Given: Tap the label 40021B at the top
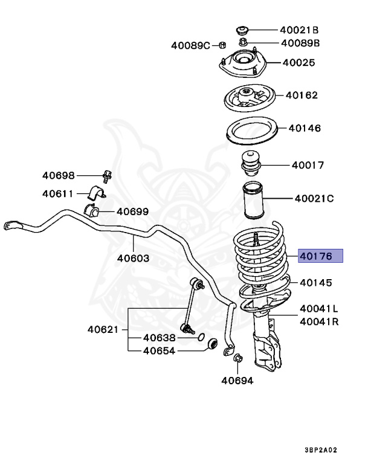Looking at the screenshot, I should [299, 30].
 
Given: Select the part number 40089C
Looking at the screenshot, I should [190, 45].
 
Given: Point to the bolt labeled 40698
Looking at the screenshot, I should [108, 176].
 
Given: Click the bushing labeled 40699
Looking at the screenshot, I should [92, 211].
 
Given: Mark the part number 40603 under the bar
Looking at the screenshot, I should [134, 257].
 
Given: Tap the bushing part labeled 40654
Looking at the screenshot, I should [212, 344].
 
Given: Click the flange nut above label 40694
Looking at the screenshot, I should [237, 359].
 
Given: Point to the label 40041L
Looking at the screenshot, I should [319, 309].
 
